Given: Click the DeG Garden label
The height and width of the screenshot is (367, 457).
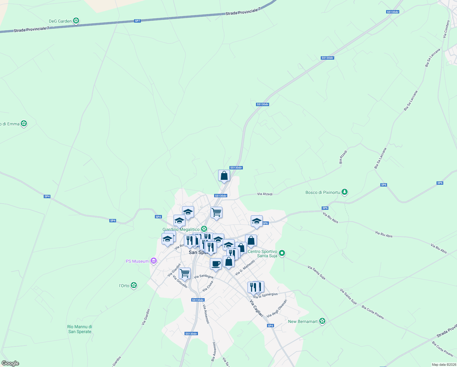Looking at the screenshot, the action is click(60, 21).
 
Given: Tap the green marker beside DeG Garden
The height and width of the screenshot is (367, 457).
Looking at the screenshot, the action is click(76, 21).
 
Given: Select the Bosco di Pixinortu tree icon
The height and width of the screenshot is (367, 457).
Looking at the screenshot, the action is click(345, 192).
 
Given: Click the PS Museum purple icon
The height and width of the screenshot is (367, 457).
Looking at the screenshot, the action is click(154, 261).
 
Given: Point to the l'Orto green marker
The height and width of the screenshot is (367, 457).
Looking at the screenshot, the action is click(133, 285).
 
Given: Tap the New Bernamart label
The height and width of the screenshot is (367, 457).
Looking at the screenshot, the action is click(303, 321).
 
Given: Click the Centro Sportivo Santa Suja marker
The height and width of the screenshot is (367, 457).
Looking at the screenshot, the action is click(282, 253).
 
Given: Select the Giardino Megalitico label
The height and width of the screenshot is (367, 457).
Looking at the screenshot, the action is click(181, 229).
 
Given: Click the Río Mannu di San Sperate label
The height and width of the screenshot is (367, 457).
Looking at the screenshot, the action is click(80, 329).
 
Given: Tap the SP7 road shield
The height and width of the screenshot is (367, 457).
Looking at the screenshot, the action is click(137, 21).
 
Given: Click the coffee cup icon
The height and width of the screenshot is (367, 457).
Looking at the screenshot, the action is click(216, 264).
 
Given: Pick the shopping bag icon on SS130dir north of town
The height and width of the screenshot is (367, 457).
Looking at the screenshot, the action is click(224, 176).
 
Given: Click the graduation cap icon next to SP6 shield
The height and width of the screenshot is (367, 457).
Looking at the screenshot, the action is click(257, 221).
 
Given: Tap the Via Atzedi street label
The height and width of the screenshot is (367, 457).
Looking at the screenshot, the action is click(265, 194).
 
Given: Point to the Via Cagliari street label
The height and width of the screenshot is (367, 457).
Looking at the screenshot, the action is click(256, 308).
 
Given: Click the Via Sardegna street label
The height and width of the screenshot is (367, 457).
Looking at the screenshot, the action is click(204, 276).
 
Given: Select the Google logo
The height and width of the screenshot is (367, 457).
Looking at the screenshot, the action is click(10, 363).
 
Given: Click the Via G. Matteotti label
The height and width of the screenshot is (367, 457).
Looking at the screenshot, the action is click(245, 268).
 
